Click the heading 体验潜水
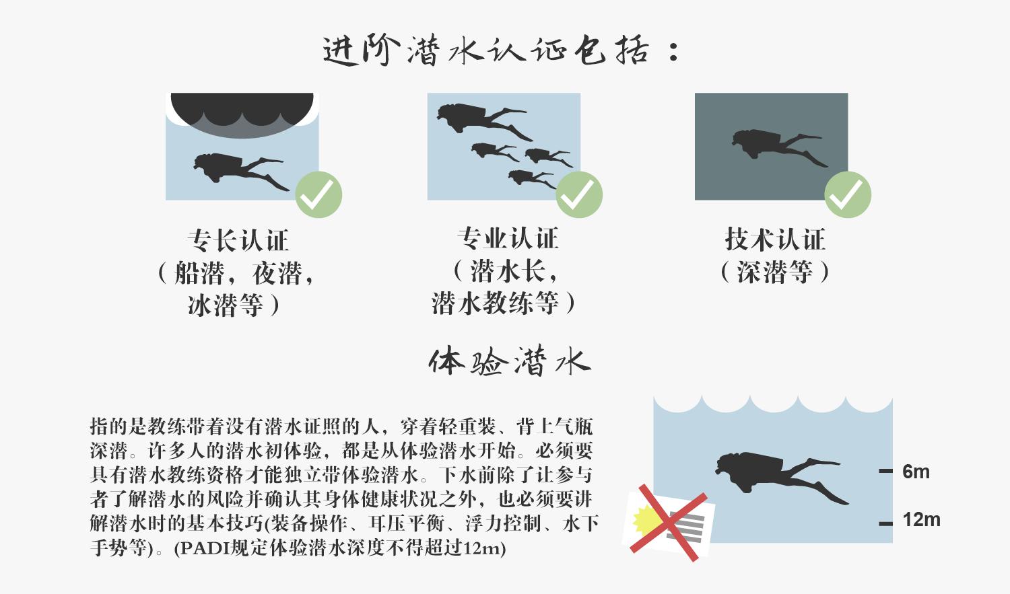click(509, 362)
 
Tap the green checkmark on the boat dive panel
click(318, 194)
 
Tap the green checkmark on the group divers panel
click(579, 194)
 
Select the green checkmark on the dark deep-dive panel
click(848, 194)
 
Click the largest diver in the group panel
click(479, 119)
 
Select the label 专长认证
click(238, 240)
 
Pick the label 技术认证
click(775, 239)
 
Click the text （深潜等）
click(775, 272)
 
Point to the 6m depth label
click(916, 472)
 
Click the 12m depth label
click(920, 519)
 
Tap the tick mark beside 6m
click(886, 472)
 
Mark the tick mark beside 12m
click(886, 523)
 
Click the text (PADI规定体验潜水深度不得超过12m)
click(339, 548)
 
